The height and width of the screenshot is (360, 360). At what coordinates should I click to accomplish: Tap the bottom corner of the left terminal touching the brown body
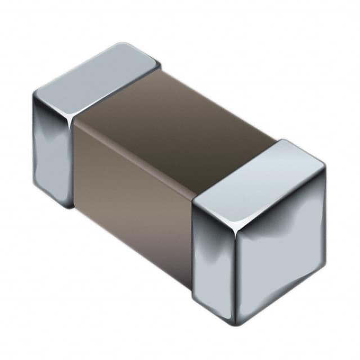point(72,205)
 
